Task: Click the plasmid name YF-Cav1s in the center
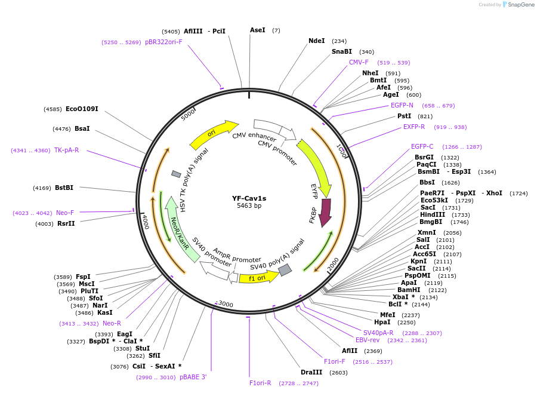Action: (x=249, y=198)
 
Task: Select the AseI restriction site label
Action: (x=258, y=30)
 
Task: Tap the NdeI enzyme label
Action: (x=316, y=41)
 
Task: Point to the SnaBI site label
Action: (x=342, y=52)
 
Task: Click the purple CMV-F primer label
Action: (x=359, y=62)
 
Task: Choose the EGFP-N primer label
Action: (x=402, y=105)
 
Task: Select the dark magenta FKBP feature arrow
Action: (x=325, y=213)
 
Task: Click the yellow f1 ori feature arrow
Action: (x=258, y=277)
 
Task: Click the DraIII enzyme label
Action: (x=311, y=372)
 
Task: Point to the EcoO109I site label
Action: (x=82, y=109)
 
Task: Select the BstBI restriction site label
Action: (x=64, y=188)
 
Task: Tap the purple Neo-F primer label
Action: (x=65, y=213)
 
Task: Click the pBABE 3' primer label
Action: (x=193, y=377)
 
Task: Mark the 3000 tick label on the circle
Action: (x=226, y=304)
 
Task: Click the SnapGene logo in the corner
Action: (x=518, y=5)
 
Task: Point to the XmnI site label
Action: (x=427, y=232)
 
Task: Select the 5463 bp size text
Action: (x=249, y=206)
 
